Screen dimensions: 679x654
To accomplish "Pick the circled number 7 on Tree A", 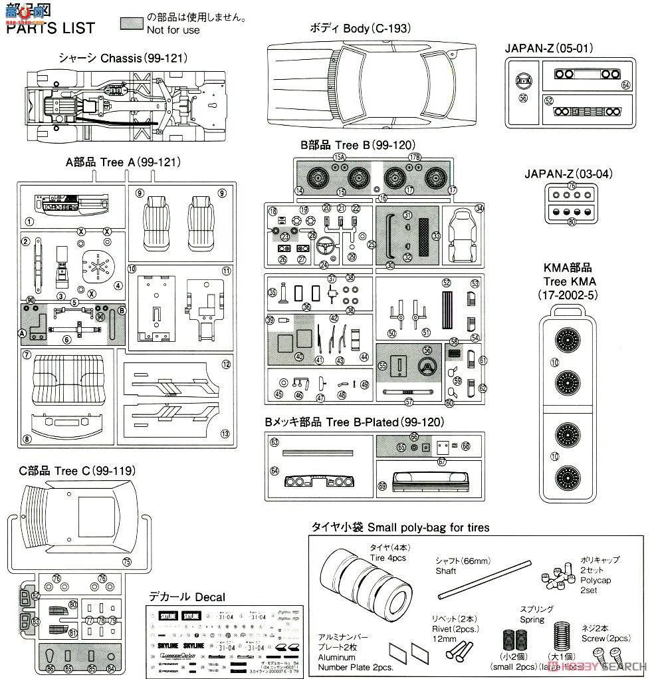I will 27,355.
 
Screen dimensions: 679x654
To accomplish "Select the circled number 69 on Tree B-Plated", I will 381,486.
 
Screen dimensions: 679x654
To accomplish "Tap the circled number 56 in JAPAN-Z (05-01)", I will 522,98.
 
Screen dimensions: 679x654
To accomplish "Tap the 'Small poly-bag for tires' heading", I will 400,527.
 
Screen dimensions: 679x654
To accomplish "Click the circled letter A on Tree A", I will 22,333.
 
